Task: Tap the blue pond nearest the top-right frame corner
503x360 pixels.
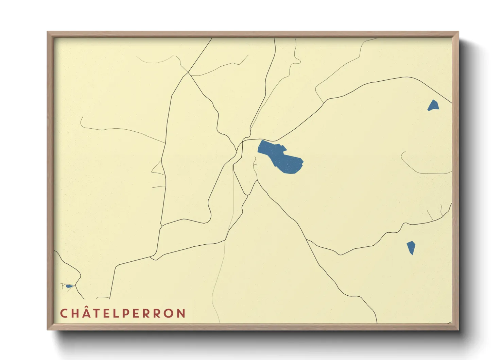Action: click(433, 105)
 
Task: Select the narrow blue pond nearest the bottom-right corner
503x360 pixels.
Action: click(411, 247)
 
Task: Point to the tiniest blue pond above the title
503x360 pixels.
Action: click(69, 286)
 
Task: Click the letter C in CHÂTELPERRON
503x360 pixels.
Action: click(64, 313)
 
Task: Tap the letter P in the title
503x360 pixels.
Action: click(126, 313)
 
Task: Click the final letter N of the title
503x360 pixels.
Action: click(181, 313)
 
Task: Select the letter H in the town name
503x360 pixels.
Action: click(75, 313)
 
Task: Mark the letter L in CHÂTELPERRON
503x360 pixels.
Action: click(116, 313)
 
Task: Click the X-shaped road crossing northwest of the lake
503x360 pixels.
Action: click(188, 72)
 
